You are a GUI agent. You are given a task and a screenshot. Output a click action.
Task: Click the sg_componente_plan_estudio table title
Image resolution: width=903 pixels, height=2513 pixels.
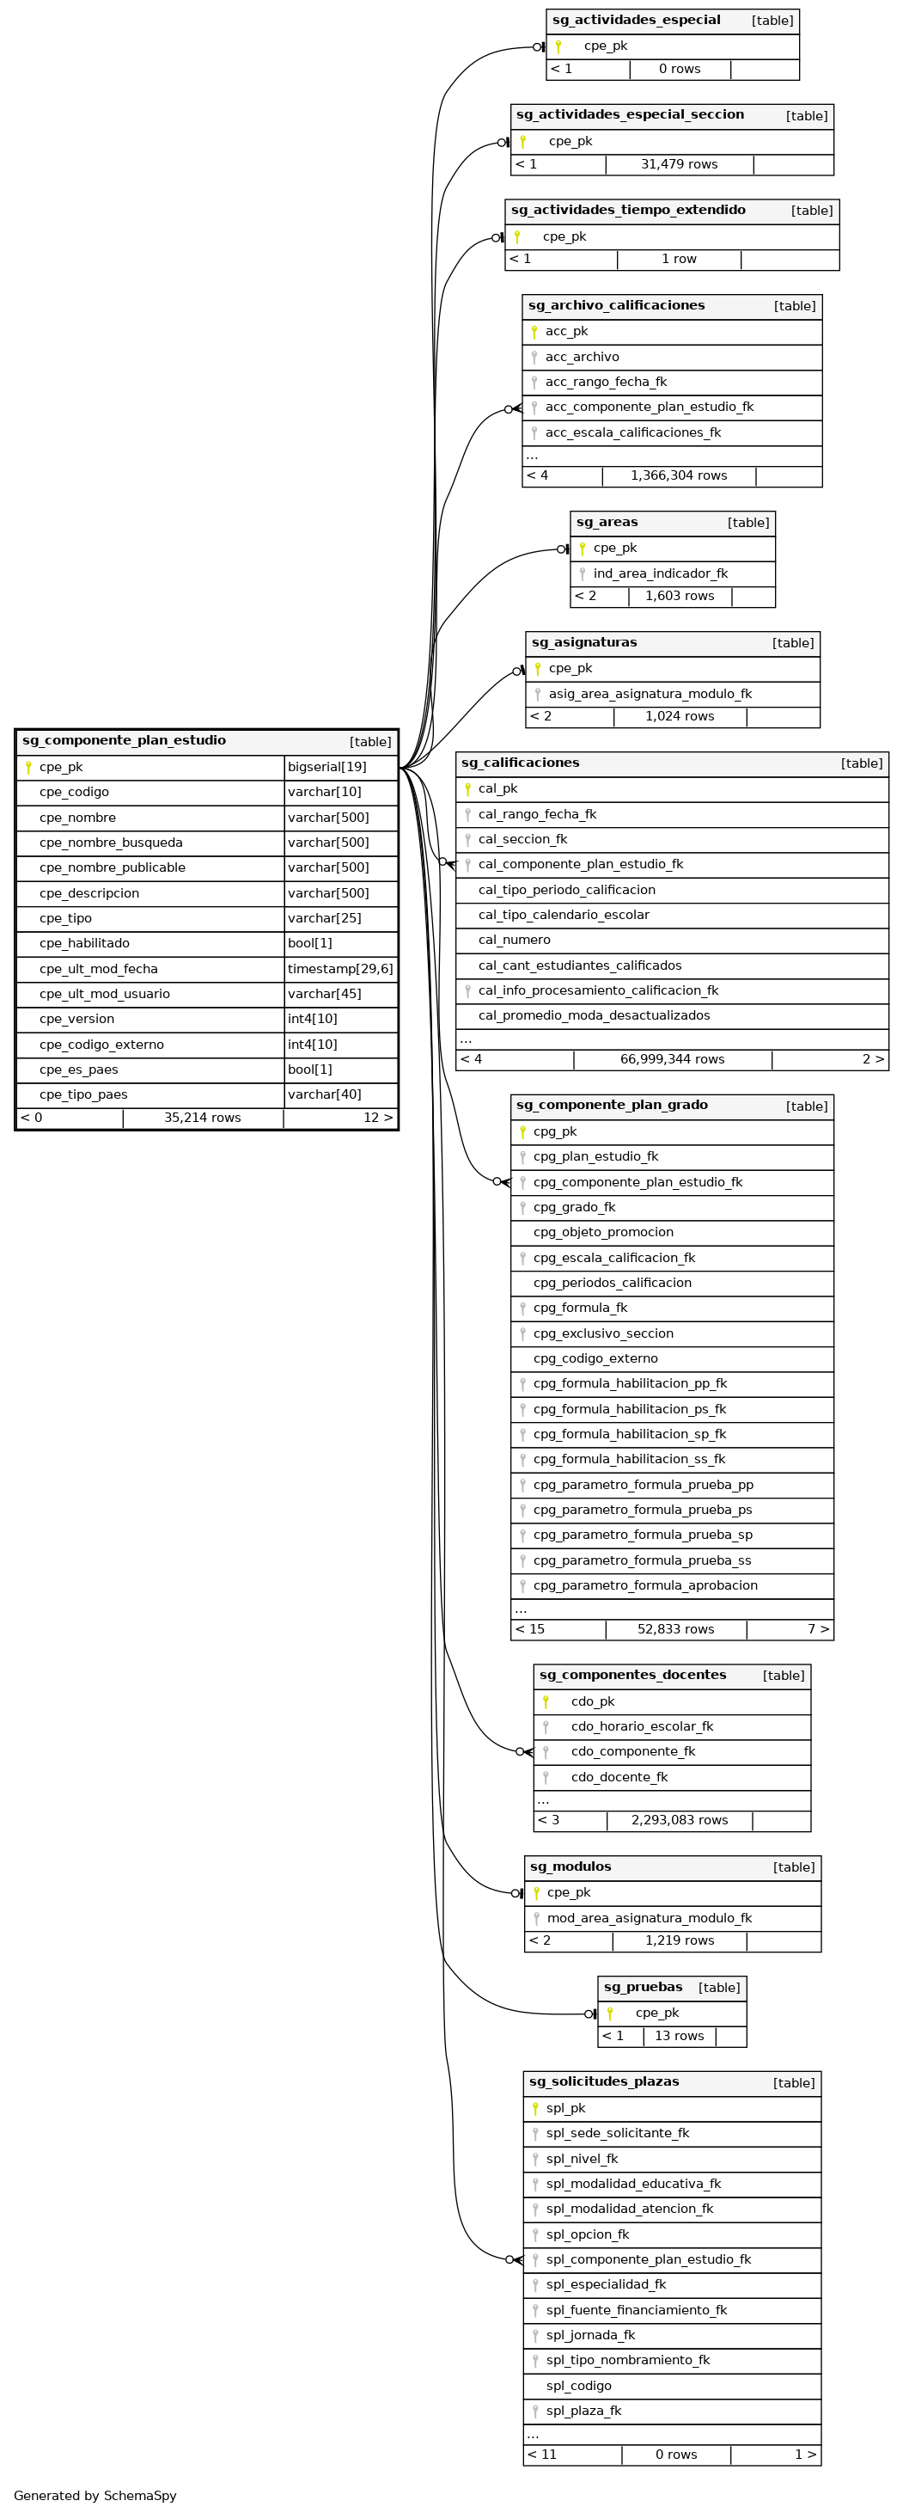point(124,740)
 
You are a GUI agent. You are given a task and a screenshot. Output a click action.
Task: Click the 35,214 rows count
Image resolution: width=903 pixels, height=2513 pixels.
point(202,1118)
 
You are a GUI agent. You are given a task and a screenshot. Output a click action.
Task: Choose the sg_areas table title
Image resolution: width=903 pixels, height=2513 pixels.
point(607,522)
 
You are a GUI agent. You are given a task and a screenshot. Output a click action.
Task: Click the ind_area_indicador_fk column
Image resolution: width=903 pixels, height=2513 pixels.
point(660,573)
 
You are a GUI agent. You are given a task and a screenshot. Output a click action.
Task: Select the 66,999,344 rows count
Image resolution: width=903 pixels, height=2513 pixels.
point(672,1059)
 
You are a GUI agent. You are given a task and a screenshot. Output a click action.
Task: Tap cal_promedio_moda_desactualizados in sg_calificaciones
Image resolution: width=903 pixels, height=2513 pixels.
point(594,1015)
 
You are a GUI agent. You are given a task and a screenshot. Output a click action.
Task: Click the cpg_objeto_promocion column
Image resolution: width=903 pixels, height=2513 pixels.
point(602,1232)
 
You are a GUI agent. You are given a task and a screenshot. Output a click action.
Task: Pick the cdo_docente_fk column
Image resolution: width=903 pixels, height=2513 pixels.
point(619,1777)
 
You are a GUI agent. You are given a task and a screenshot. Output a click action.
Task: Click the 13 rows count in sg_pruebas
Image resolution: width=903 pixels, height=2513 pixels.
point(679,2036)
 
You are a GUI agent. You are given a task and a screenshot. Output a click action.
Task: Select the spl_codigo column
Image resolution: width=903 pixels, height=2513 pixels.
point(578,2386)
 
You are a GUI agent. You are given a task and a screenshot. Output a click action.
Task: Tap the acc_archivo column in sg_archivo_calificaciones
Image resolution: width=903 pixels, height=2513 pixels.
point(583,357)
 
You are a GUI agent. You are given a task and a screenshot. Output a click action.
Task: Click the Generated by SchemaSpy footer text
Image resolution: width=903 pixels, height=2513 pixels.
point(95,2496)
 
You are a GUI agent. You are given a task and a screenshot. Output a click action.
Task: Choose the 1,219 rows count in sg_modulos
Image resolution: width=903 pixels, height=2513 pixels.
point(679,1940)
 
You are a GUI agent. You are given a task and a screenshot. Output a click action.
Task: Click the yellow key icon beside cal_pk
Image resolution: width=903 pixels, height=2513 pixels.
point(468,789)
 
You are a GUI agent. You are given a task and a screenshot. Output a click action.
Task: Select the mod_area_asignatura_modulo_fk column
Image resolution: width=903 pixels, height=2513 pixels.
point(650,1918)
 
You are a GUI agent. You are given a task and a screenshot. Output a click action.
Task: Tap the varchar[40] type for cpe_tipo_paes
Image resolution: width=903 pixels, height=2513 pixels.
point(324,1094)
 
